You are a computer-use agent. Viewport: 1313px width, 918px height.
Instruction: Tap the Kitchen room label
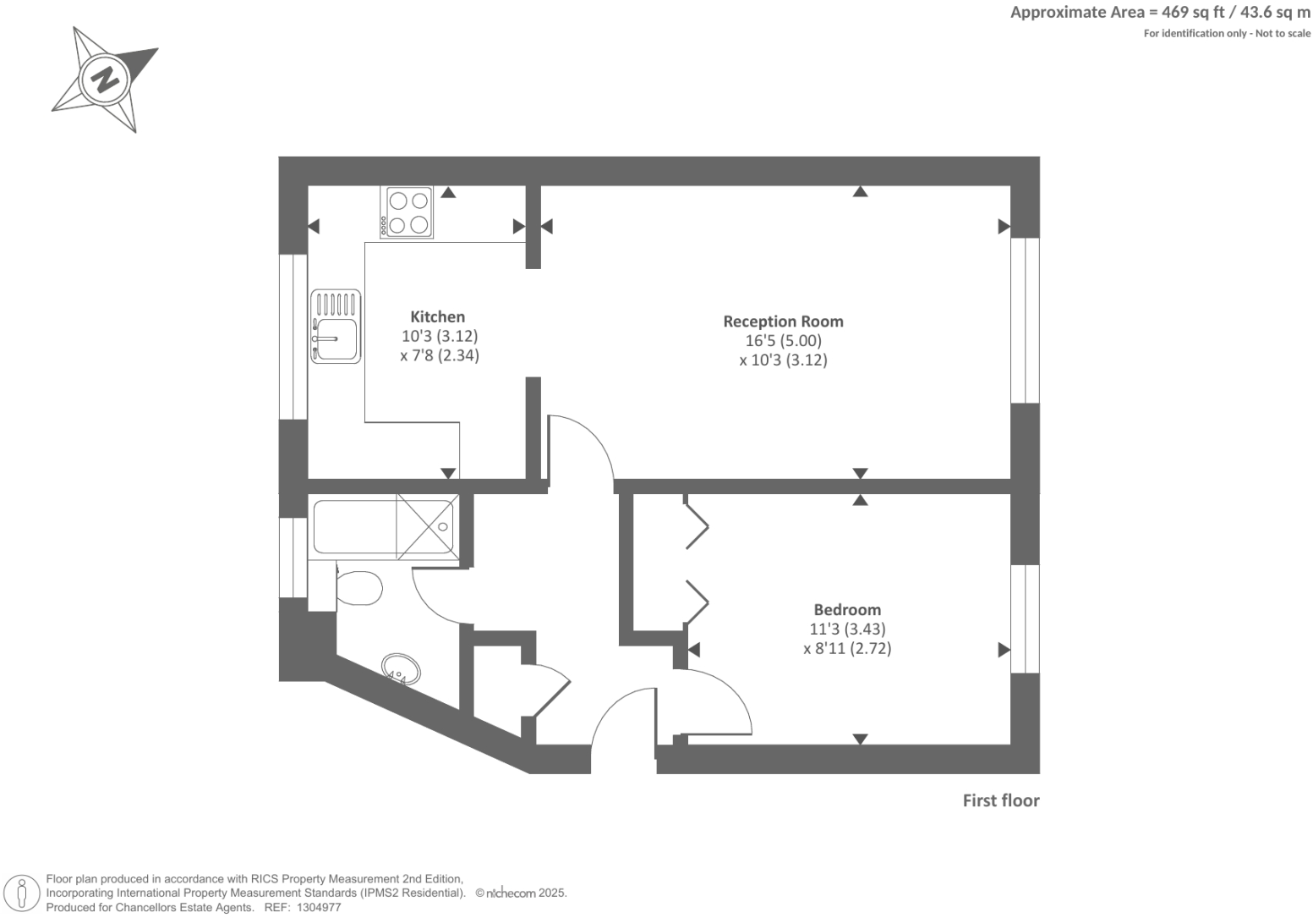[x=437, y=316]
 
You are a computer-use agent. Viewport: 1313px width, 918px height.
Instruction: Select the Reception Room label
[x=783, y=322]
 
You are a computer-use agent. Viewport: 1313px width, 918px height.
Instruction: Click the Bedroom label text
[x=847, y=609]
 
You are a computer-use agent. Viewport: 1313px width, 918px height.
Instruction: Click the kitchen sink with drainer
[x=336, y=327]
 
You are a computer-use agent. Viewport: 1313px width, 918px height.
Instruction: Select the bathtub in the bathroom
[x=355, y=526]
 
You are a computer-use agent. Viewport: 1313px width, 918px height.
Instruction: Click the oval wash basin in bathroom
[x=398, y=668]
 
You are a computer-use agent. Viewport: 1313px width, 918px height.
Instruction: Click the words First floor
[x=1000, y=800]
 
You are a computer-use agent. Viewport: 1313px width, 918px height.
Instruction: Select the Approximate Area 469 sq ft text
[x=1160, y=12]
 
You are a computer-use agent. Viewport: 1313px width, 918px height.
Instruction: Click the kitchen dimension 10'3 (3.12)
[x=440, y=336]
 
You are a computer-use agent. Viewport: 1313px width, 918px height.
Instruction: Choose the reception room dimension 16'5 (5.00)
[x=783, y=341]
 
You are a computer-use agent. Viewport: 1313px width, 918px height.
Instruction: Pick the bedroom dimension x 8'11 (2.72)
[x=847, y=649]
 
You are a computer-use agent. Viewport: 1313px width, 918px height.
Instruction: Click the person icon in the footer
[x=23, y=893]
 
